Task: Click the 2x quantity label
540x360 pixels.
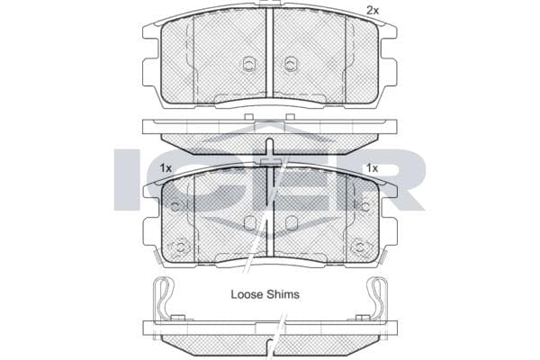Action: point(373,11)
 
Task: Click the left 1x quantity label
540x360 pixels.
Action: point(166,168)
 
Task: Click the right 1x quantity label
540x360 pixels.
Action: point(372,168)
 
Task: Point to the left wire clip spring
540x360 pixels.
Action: point(163,299)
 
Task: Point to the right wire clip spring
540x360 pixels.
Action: point(377,299)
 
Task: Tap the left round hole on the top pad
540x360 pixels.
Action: point(248,64)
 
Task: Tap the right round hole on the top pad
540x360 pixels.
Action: point(291,64)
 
